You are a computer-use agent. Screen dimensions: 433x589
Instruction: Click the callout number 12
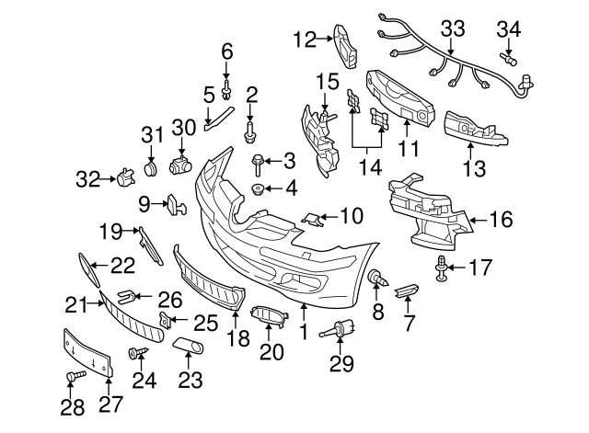303,39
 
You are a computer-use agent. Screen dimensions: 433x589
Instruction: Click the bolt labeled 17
443,268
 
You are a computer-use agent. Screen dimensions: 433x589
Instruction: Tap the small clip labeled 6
227,89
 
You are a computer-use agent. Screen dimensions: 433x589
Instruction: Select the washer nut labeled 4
259,190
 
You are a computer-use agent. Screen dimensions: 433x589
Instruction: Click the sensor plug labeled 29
341,328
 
